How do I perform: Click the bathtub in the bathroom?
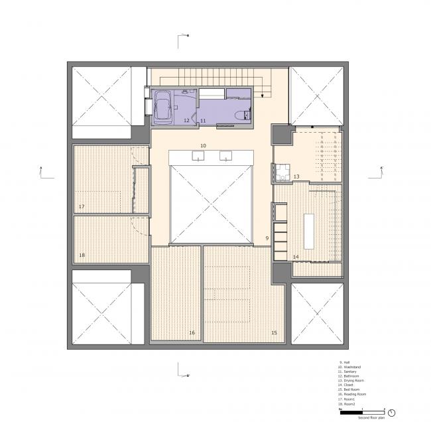(164, 107)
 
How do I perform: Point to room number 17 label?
(82, 207)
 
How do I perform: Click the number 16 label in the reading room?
(192, 332)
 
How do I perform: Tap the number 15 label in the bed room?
(273, 332)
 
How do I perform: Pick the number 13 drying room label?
(297, 176)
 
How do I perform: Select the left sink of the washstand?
(198, 157)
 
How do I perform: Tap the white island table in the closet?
(309, 230)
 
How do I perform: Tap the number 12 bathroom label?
(187, 121)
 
